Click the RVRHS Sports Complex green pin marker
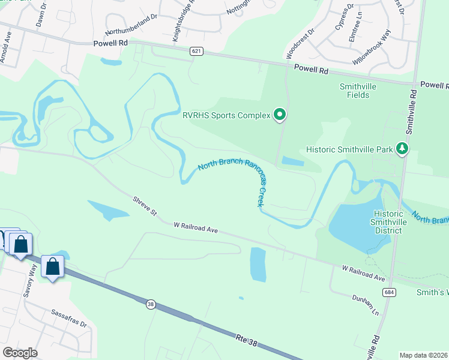pos(279,113)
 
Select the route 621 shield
pos(196,52)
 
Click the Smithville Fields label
pos(358,90)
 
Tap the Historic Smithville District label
pos(396,222)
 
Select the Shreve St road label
pos(145,205)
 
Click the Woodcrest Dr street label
pos(300,43)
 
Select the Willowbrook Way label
pos(372,47)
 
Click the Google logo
pos(20,353)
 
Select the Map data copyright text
pos(423,355)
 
